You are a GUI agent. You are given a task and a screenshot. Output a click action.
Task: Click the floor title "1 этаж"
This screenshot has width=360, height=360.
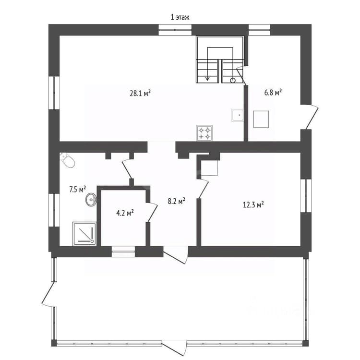180,17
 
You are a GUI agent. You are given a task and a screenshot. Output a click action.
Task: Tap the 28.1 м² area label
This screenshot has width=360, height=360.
140,93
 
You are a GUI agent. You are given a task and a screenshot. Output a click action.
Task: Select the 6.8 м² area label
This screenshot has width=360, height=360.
273,93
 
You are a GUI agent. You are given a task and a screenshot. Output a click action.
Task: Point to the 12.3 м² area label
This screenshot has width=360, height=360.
253,204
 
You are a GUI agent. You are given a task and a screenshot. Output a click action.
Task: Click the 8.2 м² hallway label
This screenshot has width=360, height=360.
177,201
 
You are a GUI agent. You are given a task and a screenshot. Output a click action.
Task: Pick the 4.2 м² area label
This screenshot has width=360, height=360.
125,213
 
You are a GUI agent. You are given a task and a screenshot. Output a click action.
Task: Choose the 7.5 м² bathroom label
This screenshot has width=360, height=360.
78,190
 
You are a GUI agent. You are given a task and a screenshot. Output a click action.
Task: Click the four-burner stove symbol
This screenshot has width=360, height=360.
204,133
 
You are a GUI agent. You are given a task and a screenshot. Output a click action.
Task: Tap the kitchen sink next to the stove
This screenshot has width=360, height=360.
238,115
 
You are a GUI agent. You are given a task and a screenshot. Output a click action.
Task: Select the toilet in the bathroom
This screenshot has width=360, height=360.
67,160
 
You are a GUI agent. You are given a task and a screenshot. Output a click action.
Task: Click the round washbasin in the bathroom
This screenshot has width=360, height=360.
91,200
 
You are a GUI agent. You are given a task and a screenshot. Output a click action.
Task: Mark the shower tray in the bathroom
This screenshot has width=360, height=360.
84,233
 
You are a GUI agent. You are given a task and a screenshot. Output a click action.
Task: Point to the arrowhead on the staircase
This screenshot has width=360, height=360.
207,79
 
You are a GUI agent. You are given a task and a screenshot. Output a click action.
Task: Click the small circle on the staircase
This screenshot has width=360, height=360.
233,80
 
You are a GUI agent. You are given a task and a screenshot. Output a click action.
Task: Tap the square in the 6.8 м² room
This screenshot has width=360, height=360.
261,119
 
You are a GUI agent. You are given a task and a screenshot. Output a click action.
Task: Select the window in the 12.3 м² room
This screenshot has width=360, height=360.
306,196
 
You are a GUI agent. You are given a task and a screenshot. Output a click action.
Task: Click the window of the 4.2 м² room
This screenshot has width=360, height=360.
123,252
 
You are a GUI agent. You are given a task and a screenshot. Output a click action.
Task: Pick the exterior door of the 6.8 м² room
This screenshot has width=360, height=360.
311,117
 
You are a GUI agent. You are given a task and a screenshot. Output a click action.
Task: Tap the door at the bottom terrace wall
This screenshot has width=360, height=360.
175,349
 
